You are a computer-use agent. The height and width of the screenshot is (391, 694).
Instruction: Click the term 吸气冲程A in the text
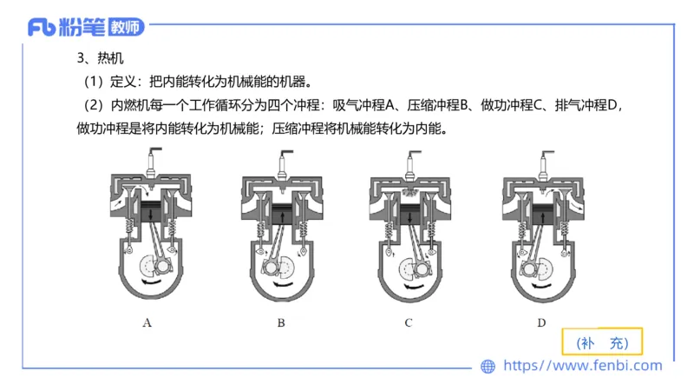[x=361, y=106]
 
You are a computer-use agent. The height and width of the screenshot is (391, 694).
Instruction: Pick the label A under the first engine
[x=147, y=322]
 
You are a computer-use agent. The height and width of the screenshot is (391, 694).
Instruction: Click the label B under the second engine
[x=281, y=322]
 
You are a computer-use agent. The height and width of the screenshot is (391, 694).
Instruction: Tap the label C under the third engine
[x=408, y=322]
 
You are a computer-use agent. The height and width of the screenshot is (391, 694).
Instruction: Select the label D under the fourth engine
[x=541, y=322]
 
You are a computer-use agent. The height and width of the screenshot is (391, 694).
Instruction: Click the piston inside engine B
[x=281, y=213]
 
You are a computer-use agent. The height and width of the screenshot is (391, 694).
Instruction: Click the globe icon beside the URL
[x=488, y=366]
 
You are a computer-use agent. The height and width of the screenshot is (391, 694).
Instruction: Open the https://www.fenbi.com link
[x=583, y=366]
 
